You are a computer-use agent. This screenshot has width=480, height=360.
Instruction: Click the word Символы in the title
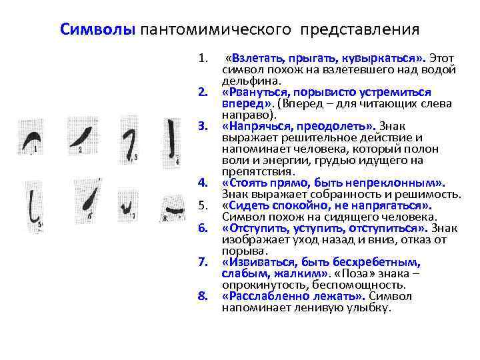98,29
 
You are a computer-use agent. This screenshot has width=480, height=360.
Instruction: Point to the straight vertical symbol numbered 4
173,140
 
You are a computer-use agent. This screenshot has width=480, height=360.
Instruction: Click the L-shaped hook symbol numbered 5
33,204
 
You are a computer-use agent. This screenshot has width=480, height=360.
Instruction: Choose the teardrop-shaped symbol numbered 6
93,199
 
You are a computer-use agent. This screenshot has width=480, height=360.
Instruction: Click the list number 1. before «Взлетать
204,58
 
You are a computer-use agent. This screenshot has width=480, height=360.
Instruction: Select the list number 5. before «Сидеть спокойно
204,205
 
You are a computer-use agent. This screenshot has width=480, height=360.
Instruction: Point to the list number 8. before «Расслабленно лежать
204,297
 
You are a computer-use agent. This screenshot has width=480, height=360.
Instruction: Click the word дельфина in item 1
244,80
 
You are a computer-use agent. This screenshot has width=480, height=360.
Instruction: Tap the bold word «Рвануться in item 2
250,92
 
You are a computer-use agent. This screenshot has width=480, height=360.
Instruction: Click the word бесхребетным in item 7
383,262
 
